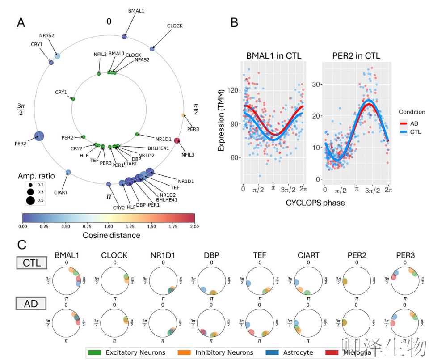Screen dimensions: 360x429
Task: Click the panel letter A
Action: (21, 22)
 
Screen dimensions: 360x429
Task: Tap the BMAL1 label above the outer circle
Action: (136, 10)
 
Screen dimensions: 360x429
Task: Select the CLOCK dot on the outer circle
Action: (152, 48)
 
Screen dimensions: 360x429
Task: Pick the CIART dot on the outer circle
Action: (68, 172)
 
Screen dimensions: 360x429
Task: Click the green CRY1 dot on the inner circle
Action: (73, 99)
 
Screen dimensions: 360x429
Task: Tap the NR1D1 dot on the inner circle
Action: (137, 134)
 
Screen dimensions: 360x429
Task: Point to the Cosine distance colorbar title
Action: (111, 235)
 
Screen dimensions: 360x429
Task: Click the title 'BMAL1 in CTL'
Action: (273, 56)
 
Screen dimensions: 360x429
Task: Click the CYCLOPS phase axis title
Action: (315, 203)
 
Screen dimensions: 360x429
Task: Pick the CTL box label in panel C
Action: (32, 263)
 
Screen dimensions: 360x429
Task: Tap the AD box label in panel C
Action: (32, 304)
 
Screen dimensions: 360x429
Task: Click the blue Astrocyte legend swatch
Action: (272, 352)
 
